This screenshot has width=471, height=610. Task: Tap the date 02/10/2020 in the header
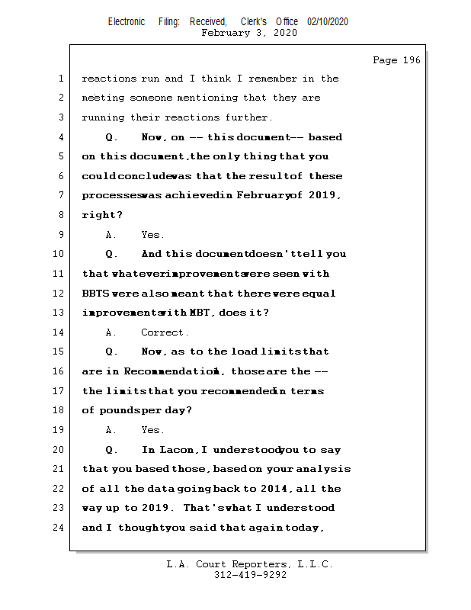[x=328, y=22]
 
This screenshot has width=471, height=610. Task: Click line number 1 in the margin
[x=61, y=79]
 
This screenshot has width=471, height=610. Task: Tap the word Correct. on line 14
[x=165, y=332]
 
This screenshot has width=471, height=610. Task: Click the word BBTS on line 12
[x=95, y=294]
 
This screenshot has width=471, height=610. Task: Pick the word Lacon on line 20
[x=177, y=450]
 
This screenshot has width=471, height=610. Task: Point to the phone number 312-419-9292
[x=250, y=576]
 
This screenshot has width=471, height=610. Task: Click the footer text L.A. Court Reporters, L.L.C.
[x=249, y=565]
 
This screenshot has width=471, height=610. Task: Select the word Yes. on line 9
[x=152, y=235]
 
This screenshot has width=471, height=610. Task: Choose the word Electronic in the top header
[x=127, y=22]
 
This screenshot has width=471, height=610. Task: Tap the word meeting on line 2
[x=102, y=98]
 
